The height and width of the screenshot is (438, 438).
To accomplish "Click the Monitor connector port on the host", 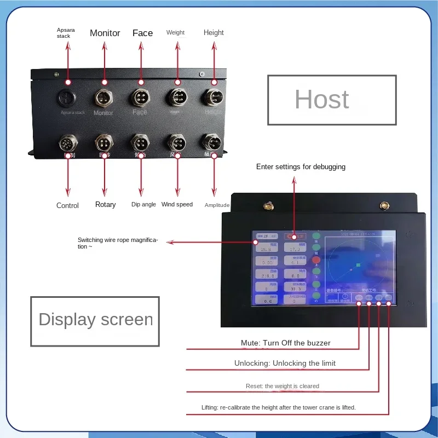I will click(x=103, y=99).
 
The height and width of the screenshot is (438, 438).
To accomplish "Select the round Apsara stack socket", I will click(x=68, y=99).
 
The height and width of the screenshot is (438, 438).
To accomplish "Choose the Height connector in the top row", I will click(x=213, y=98).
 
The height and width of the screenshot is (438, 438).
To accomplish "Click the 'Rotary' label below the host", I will click(x=105, y=204).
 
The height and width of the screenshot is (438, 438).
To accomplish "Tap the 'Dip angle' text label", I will click(x=143, y=204).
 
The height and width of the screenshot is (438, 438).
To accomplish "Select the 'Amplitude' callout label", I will click(x=217, y=205).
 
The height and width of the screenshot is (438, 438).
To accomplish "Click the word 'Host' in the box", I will click(x=321, y=100).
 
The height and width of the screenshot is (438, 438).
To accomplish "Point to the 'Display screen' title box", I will click(x=95, y=320).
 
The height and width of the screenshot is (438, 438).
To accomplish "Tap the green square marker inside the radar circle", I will click(x=358, y=265).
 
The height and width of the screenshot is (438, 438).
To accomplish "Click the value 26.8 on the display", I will click(x=267, y=250).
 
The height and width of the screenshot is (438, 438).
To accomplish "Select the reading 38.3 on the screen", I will click(x=296, y=289).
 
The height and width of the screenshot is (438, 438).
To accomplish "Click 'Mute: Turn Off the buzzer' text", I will click(x=285, y=343).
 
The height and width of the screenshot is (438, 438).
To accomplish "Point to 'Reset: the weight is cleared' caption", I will click(x=282, y=386).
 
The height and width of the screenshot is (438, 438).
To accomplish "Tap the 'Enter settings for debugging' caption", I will click(x=301, y=166).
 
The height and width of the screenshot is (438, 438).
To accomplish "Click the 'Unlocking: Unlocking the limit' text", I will click(x=285, y=363).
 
